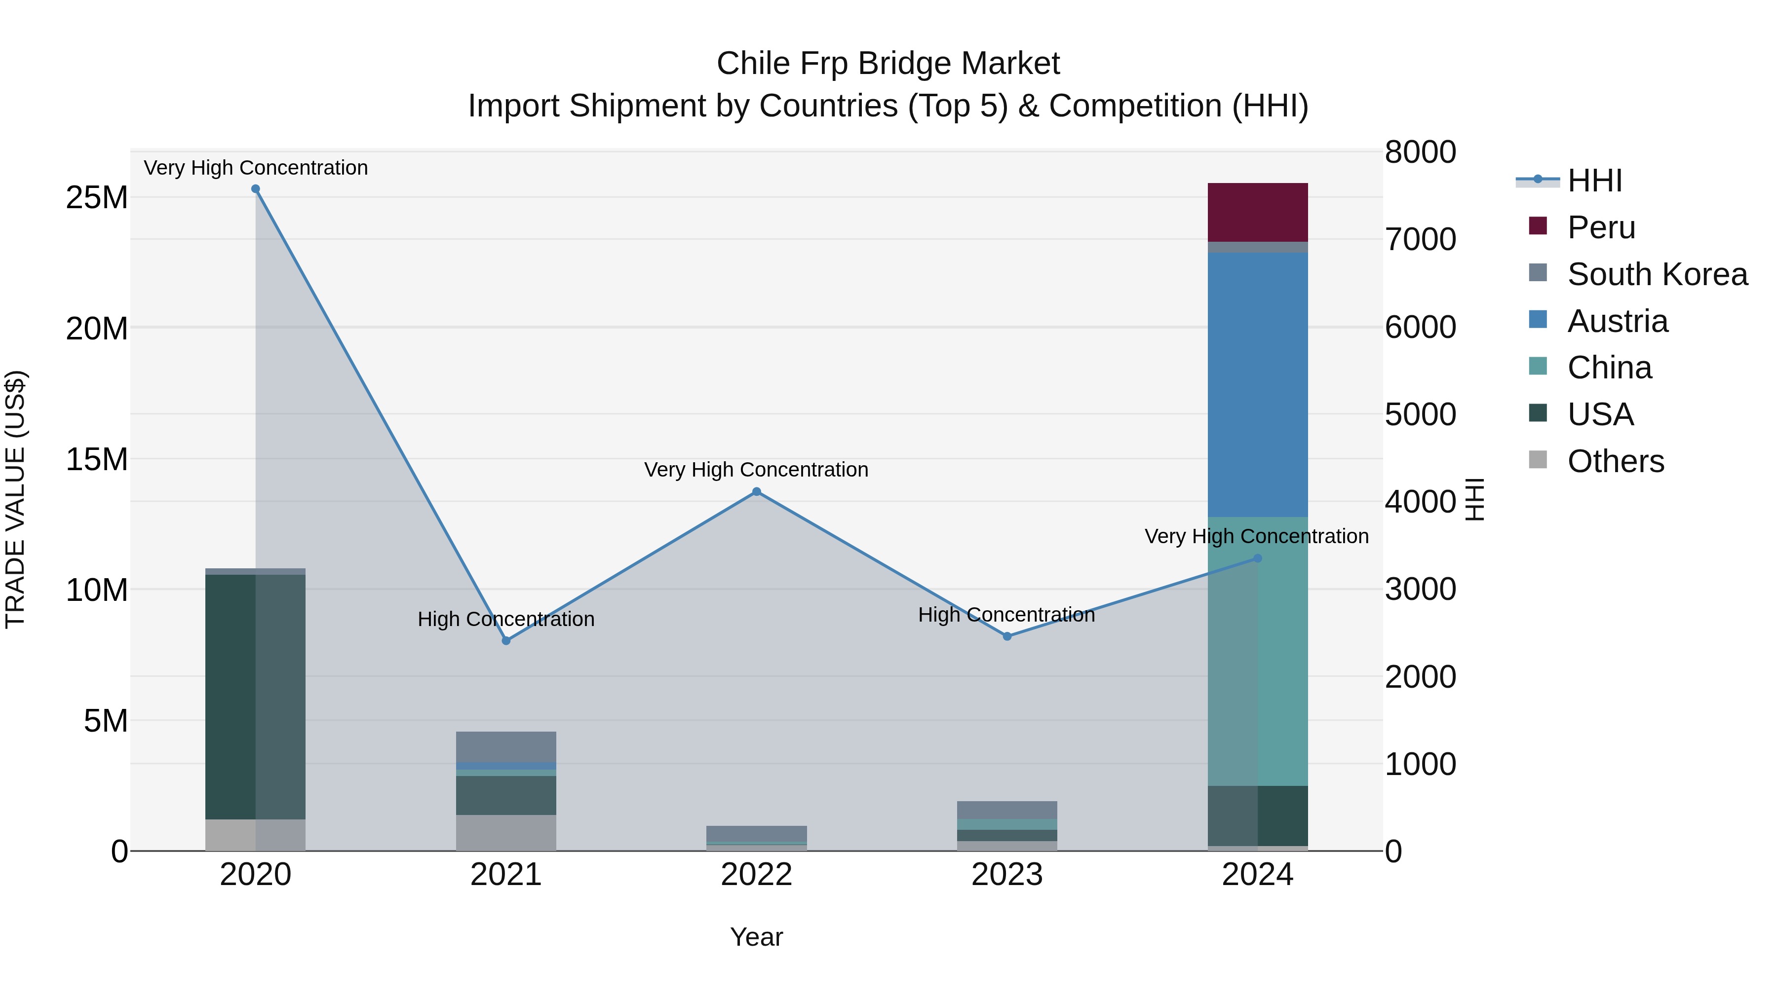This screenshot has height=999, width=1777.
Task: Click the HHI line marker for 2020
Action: pyautogui.click(x=255, y=189)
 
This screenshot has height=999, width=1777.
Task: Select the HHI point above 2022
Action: pyautogui.click(x=756, y=491)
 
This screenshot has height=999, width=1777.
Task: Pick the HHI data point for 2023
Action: pyautogui.click(x=1006, y=636)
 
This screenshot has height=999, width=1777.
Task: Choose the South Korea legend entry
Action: pyautogui.click(x=1656, y=274)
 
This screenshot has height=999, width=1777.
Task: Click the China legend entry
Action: pyautogui.click(x=1609, y=368)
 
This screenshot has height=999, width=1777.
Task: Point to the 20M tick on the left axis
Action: pyautogui.click(x=97, y=328)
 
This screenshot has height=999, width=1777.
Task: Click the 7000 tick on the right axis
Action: pyautogui.click(x=1420, y=239)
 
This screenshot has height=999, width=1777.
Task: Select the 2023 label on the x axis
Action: pyautogui.click(x=1006, y=875)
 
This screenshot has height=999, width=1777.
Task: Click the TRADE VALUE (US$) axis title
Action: pyautogui.click(x=16, y=499)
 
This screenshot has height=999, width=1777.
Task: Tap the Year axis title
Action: pyautogui.click(x=756, y=937)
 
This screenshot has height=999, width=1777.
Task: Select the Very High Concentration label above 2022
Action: pyautogui.click(x=756, y=470)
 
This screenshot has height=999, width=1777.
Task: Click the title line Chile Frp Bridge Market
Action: pyautogui.click(x=888, y=64)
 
